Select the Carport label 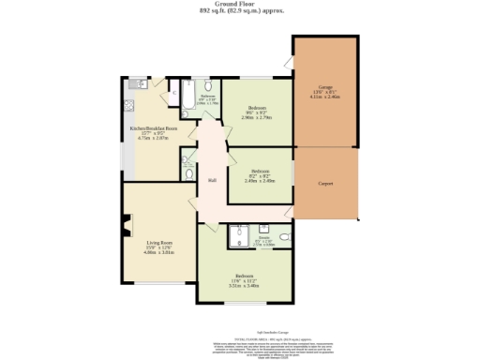tap(325, 183)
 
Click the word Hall tap(212, 179)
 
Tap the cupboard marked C tap(174, 95)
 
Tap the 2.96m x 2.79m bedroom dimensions tap(255, 118)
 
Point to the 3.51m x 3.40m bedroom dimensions tap(245, 285)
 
